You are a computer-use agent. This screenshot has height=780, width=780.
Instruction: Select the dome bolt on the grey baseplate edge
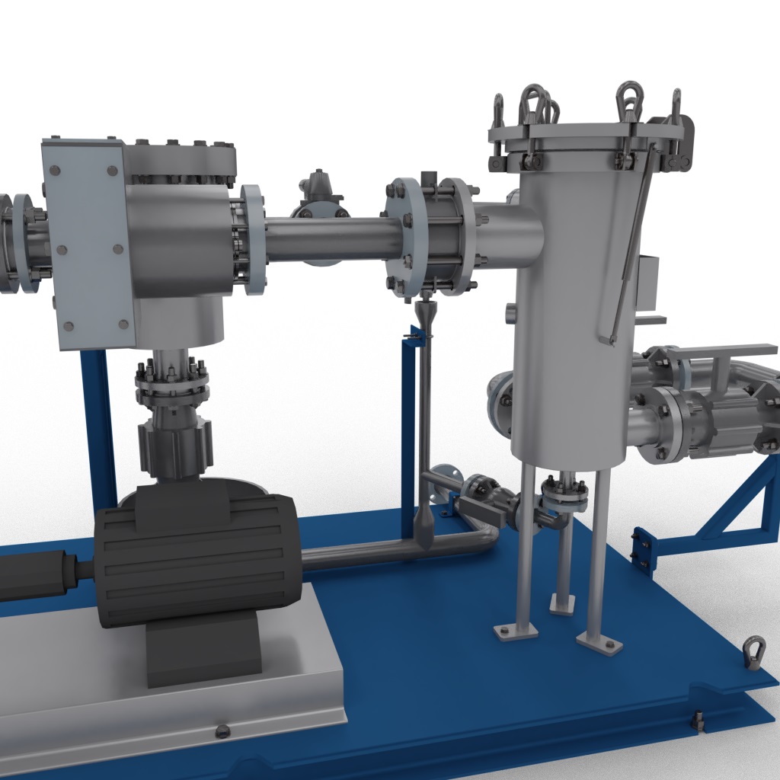(222, 731)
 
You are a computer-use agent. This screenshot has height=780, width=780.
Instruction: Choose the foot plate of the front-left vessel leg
(516, 631)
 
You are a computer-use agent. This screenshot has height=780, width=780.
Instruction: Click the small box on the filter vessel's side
(649, 282)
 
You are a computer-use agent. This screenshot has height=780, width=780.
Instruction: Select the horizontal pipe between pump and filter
(328, 238)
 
